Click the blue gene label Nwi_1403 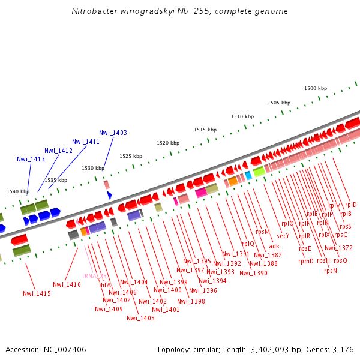click(113, 133)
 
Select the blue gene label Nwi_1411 click(86, 142)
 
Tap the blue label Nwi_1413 click(31, 159)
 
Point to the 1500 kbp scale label click(316, 88)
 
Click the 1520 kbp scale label click(168, 143)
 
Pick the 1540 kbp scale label click(18, 191)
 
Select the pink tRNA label click(95, 277)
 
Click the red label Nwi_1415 click(37, 293)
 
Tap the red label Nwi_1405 click(140, 318)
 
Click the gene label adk click(274, 246)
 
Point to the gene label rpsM click(263, 232)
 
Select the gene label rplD click(350, 205)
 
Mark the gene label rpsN click(330, 271)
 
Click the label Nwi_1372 click(338, 248)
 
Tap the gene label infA click(105, 285)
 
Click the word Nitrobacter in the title click(94, 11)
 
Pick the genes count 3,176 click(342, 349)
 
